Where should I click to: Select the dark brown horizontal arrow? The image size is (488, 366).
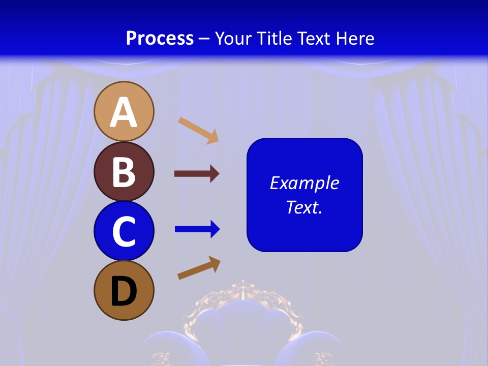tap(197, 174)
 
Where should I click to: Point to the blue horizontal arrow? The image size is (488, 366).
tap(197, 230)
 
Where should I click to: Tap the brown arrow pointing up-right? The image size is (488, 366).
tap(199, 268)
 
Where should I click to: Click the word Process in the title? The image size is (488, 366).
tap(160, 38)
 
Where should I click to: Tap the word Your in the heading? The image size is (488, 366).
tap(232, 38)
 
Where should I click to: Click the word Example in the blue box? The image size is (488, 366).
tap(304, 183)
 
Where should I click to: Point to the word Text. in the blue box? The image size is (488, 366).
tap(304, 207)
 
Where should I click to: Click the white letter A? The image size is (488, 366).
tap(124, 113)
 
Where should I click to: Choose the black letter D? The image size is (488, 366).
tap(124, 292)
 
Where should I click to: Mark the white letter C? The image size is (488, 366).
tap(124, 232)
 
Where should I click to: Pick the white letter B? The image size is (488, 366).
tap(124, 172)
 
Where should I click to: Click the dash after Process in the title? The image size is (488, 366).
tap(204, 39)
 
